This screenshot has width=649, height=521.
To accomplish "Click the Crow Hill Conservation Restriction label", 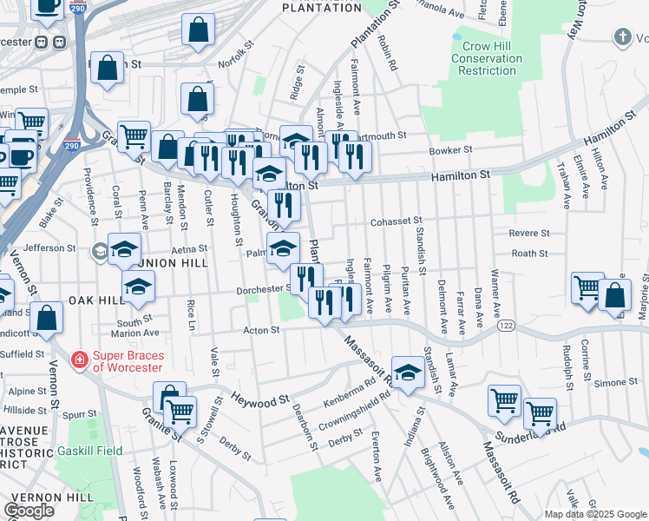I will [487, 58].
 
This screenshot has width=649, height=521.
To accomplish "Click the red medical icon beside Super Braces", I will [79, 358].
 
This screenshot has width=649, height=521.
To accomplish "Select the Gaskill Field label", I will [90, 452].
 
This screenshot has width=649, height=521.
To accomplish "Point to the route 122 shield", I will [507, 326].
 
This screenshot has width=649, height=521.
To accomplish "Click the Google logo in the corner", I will [29, 511].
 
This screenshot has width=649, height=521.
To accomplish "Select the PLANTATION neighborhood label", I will [322, 8].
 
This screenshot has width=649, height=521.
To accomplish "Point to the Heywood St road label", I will [260, 400].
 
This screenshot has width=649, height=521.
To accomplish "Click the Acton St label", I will [261, 330].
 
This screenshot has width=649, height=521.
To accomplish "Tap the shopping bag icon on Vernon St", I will [47, 318].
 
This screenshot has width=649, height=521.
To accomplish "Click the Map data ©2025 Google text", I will [595, 514].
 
